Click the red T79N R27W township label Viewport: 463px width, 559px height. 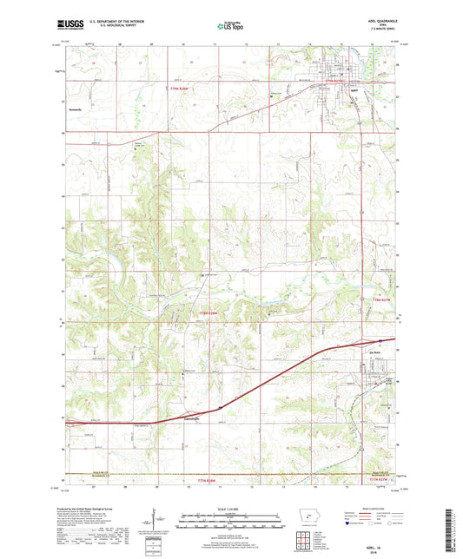click(353, 81)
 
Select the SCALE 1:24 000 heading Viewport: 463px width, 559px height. click(231, 508)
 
